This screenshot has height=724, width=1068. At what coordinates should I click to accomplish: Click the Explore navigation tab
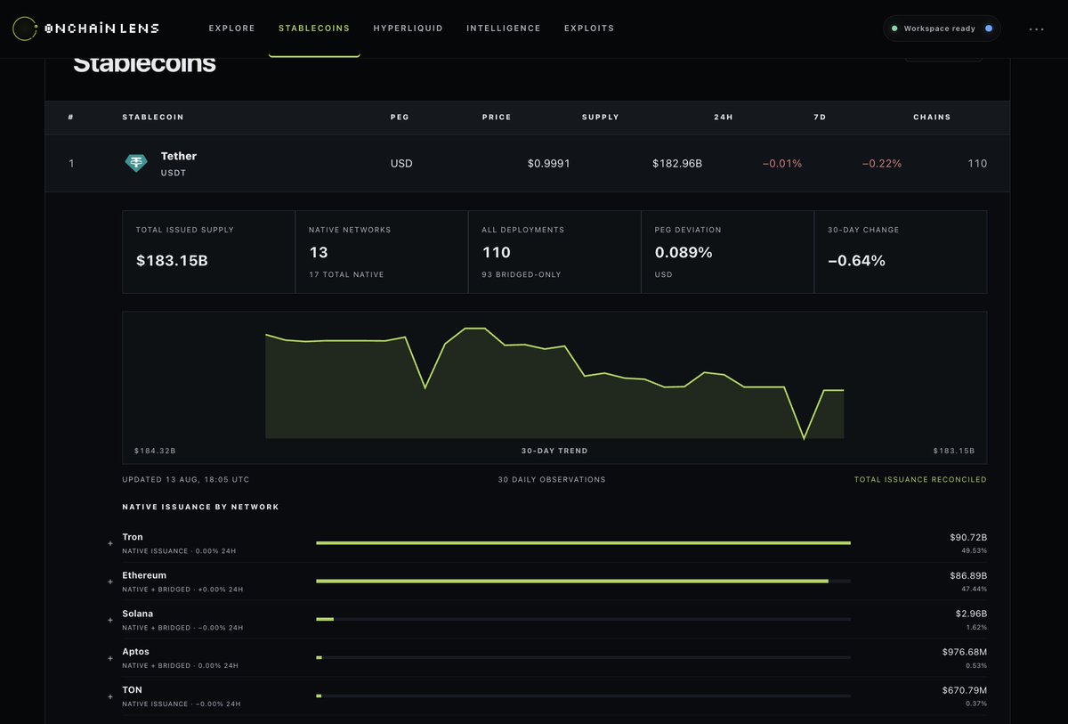(231, 28)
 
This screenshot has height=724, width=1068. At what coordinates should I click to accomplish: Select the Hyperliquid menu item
(408, 28)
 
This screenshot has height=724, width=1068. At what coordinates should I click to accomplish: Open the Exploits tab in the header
(589, 28)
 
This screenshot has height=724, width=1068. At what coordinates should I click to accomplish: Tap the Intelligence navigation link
(503, 28)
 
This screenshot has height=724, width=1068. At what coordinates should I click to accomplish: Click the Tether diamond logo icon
(136, 163)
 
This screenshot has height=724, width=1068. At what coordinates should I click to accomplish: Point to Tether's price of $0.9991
(548, 164)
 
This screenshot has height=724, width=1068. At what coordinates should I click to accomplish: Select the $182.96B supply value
(677, 164)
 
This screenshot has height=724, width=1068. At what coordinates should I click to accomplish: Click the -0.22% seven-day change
(882, 164)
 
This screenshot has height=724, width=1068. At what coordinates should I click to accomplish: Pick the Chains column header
(932, 117)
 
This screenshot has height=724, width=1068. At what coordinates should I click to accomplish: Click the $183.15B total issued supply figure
(172, 260)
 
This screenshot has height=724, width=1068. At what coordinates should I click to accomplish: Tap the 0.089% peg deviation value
(684, 252)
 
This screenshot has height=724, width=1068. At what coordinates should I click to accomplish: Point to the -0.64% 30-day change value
(856, 260)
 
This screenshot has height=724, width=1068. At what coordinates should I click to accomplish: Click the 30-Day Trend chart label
(554, 451)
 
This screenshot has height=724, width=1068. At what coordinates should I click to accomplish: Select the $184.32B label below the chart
(155, 451)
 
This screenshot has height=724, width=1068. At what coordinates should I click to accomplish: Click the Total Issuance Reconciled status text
(920, 479)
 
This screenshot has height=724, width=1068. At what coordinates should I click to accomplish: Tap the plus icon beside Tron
(110, 543)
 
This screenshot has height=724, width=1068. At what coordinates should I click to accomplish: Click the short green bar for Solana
(325, 619)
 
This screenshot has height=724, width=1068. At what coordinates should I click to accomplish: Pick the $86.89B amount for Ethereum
(968, 575)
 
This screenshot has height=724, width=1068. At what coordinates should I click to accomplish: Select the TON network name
(132, 689)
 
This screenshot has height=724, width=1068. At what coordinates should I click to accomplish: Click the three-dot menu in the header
(1036, 29)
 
